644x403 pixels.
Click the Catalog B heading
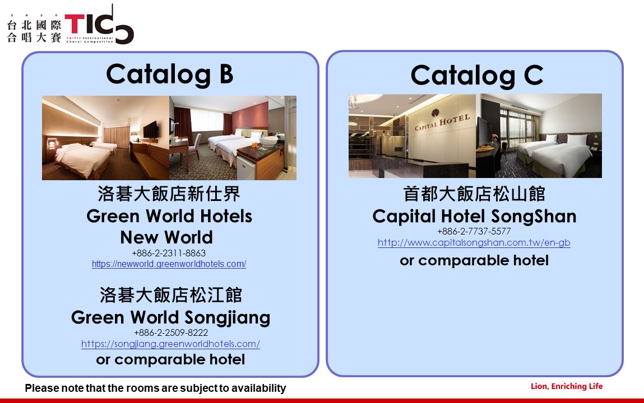pos(170,74)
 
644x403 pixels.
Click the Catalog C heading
pos(477,76)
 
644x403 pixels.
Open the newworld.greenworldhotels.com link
pos(169,264)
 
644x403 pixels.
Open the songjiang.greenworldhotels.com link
pos(170,344)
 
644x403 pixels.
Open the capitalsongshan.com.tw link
pos(474,243)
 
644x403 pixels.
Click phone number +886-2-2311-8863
pos(169,253)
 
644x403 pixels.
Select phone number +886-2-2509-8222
pos(171,332)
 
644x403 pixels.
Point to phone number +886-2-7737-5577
pos(474,231)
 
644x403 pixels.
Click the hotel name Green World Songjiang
pos(170,318)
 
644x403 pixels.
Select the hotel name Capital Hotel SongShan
pos(474,217)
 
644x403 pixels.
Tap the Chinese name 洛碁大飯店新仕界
pos(169,194)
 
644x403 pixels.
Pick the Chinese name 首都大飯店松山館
pos(474,194)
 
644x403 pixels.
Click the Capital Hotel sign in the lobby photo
pos(442,121)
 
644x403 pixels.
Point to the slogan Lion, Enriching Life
pos(567,386)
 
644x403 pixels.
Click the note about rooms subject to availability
pos(155,388)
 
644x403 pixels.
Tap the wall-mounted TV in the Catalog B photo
pos(150,130)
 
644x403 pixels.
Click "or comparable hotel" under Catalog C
pos(474,260)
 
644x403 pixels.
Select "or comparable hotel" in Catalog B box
pos(170,359)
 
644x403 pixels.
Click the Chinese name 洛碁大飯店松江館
pos(171,295)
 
